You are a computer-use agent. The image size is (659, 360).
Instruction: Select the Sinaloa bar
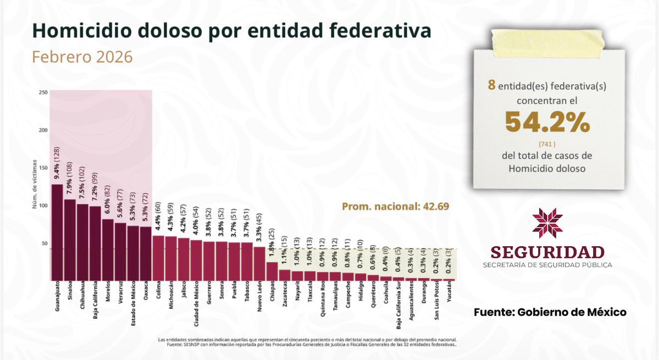point(69,240)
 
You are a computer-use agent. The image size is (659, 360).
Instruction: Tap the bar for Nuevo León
point(259,263)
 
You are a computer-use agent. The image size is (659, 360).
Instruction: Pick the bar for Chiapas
point(272,271)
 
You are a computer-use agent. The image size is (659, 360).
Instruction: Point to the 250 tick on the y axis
point(43,92)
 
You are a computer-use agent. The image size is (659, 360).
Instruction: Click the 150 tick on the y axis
point(43,168)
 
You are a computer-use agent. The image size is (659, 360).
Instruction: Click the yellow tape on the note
point(547,38)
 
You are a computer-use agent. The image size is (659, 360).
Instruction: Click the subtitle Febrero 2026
point(82,57)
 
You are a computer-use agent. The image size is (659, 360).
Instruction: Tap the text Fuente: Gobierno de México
point(550,312)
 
